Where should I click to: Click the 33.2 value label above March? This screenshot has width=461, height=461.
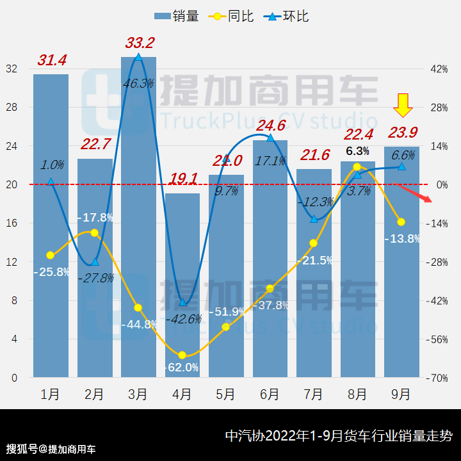coord(140,44)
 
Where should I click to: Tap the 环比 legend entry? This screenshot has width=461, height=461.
coord(289,16)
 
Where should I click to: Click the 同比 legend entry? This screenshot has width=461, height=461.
coord(229,16)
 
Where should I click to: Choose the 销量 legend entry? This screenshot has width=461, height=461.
coord(175,16)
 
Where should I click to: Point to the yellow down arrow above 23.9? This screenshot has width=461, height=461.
coord(403,105)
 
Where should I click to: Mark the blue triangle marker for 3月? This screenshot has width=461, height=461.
coord(139,58)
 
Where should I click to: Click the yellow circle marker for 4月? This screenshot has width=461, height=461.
coord(182,355)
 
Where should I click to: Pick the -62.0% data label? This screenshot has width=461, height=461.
coord(182,368)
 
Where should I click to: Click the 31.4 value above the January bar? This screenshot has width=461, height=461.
coord(52,61)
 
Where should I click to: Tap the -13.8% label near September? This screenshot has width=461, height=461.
coord(402,239)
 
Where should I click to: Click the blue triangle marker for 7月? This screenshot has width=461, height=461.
coord(314,219)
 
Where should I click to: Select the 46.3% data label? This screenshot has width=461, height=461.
coord(138,83)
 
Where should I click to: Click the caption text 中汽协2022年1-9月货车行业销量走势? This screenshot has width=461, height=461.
coord(339,436)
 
